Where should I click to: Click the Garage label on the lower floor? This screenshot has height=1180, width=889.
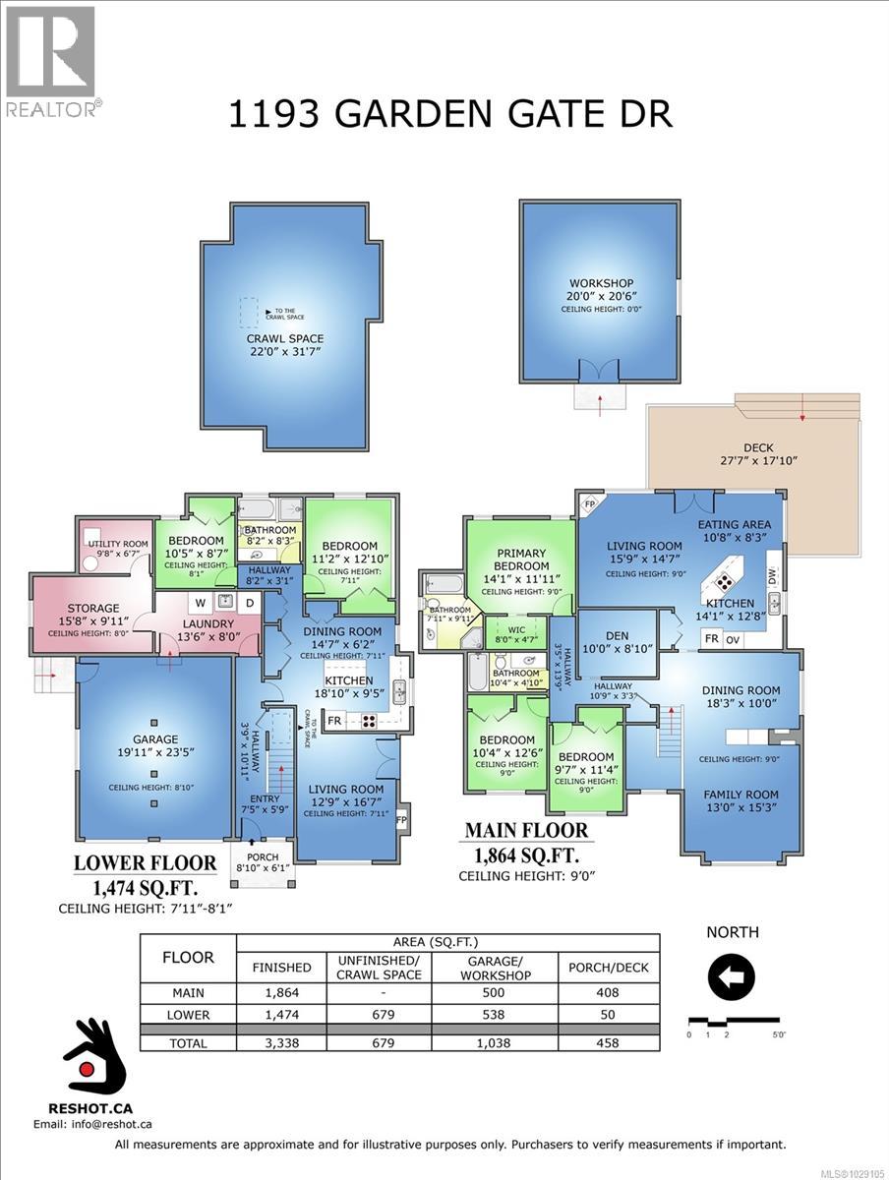[155, 739]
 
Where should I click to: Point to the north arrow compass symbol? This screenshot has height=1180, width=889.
[732, 977]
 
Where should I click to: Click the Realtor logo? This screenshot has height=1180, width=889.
[50, 60]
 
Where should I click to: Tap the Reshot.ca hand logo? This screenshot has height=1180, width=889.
[93, 1067]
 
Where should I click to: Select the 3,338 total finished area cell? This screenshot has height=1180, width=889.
[282, 1043]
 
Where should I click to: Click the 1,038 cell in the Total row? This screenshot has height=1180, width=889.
[497, 1043]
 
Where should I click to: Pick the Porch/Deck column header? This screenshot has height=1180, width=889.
[609, 968]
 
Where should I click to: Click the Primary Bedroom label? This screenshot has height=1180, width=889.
[521, 560]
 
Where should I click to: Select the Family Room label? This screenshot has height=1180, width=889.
[741, 795]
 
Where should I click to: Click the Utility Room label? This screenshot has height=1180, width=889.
[118, 543]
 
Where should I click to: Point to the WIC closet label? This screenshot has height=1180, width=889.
[515, 628]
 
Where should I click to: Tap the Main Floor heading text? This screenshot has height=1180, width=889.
[526, 830]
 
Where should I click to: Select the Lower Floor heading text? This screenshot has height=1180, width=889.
[146, 863]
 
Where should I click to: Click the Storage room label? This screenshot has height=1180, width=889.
[93, 609]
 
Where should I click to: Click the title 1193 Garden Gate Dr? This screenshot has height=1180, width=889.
[450, 113]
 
